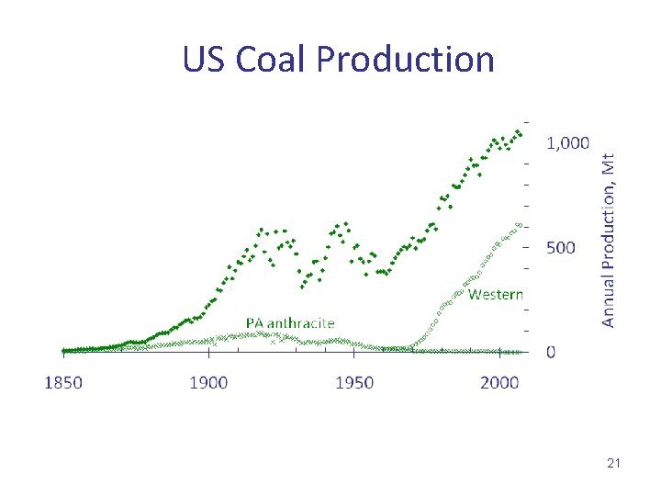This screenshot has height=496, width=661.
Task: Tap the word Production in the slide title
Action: (406, 60)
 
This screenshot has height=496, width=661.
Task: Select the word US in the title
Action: (205, 60)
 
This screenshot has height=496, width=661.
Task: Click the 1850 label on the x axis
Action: (63, 382)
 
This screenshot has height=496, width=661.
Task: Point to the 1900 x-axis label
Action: (208, 382)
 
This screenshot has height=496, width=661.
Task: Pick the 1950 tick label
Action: (354, 382)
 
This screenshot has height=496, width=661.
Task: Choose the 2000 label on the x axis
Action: (500, 382)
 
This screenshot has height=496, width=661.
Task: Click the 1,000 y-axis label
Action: (567, 142)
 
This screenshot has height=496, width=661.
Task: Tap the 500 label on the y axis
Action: (561, 247)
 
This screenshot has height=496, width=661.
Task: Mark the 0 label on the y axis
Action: (551, 352)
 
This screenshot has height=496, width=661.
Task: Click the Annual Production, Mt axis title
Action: (609, 239)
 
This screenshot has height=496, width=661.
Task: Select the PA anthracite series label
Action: (290, 322)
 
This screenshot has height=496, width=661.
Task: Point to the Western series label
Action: (496, 294)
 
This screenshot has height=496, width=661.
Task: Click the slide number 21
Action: (613, 464)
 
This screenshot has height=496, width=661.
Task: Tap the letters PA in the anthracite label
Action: (254, 322)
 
